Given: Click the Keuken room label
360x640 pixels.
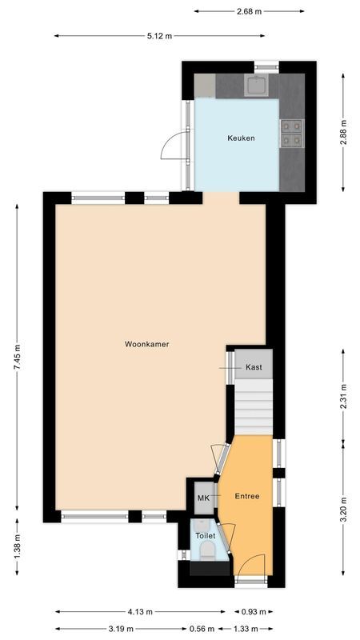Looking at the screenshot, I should pyautogui.click(x=241, y=138).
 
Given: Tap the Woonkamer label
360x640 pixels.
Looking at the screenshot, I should pyautogui.click(x=146, y=345).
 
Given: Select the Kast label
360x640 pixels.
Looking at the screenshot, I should pyautogui.click(x=254, y=367).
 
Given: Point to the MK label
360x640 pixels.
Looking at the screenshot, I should pyautogui.click(x=203, y=498).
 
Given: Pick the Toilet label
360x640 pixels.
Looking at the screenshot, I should pyautogui.click(x=205, y=535).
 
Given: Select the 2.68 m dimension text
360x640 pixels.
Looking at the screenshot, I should pyautogui.click(x=249, y=11).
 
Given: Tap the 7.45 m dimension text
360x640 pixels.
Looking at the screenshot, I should pyautogui.click(x=18, y=357).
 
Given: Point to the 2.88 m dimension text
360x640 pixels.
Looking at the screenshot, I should pyautogui.click(x=344, y=131).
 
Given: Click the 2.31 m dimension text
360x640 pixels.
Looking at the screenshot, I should pyautogui.click(x=344, y=397).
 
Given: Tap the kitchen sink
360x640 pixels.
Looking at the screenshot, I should pyautogui.click(x=258, y=85).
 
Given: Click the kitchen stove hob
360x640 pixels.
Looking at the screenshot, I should pyautogui.click(x=291, y=133).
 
